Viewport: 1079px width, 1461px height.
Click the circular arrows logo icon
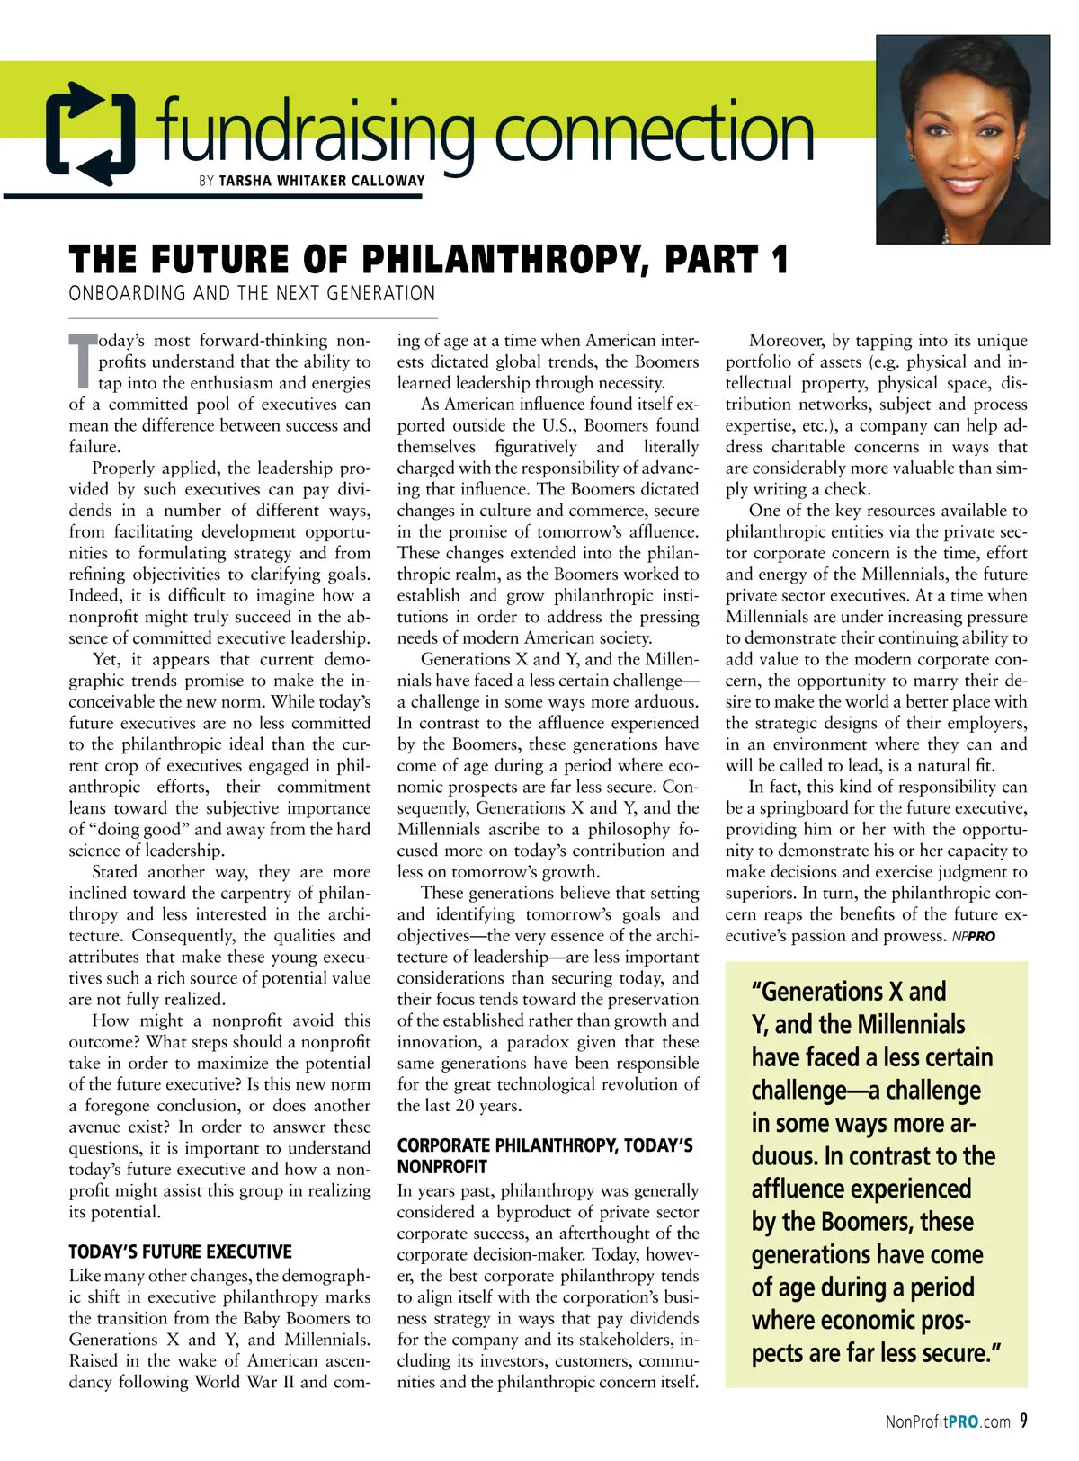(x=90, y=132)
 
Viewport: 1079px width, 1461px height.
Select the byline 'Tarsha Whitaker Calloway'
(x=322, y=181)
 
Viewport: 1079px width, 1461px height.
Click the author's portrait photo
(x=963, y=139)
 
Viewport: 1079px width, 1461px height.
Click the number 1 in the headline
(x=779, y=260)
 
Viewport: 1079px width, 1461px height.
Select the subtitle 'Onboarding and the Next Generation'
(x=252, y=294)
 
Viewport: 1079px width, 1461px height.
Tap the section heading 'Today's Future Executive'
(x=180, y=1252)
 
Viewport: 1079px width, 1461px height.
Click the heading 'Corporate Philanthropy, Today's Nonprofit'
(x=545, y=1156)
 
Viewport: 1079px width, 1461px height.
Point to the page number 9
(x=1023, y=1421)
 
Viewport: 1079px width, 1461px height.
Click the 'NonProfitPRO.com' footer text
(x=948, y=1421)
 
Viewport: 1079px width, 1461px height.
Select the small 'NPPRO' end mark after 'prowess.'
(x=974, y=937)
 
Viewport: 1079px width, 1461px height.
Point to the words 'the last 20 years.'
(x=459, y=1106)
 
